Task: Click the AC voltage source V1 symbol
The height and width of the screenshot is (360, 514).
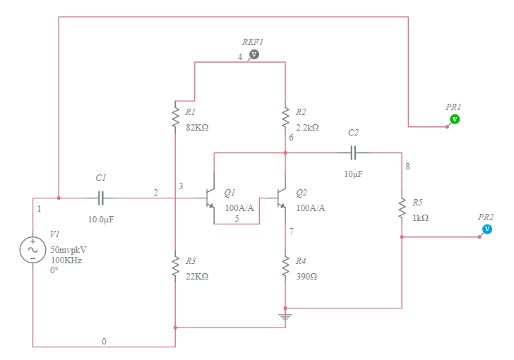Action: coord(32,250)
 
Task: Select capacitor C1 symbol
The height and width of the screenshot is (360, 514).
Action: coord(101,198)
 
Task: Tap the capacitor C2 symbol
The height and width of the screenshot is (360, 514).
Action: coord(354,152)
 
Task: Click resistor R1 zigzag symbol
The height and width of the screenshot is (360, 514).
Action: coord(174,117)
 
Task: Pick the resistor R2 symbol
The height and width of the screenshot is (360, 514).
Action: coord(285,116)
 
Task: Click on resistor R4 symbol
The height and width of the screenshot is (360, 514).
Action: coord(285,268)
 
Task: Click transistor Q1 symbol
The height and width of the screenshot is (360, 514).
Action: coord(210,198)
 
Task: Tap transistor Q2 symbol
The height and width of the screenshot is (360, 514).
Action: coord(281,198)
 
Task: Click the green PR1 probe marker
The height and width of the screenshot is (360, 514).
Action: coord(455,119)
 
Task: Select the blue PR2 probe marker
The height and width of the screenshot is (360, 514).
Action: coord(487,229)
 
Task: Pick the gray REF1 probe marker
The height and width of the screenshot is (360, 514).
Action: coord(255,54)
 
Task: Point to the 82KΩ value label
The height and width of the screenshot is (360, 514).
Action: coord(197,128)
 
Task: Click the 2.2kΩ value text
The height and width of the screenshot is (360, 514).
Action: coord(308,128)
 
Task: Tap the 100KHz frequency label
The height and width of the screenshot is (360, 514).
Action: coord(66,260)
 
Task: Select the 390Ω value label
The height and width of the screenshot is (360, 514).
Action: coord(307,277)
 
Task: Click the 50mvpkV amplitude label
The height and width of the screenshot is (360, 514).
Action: coord(69,250)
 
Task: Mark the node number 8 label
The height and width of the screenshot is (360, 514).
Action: coord(407,167)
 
